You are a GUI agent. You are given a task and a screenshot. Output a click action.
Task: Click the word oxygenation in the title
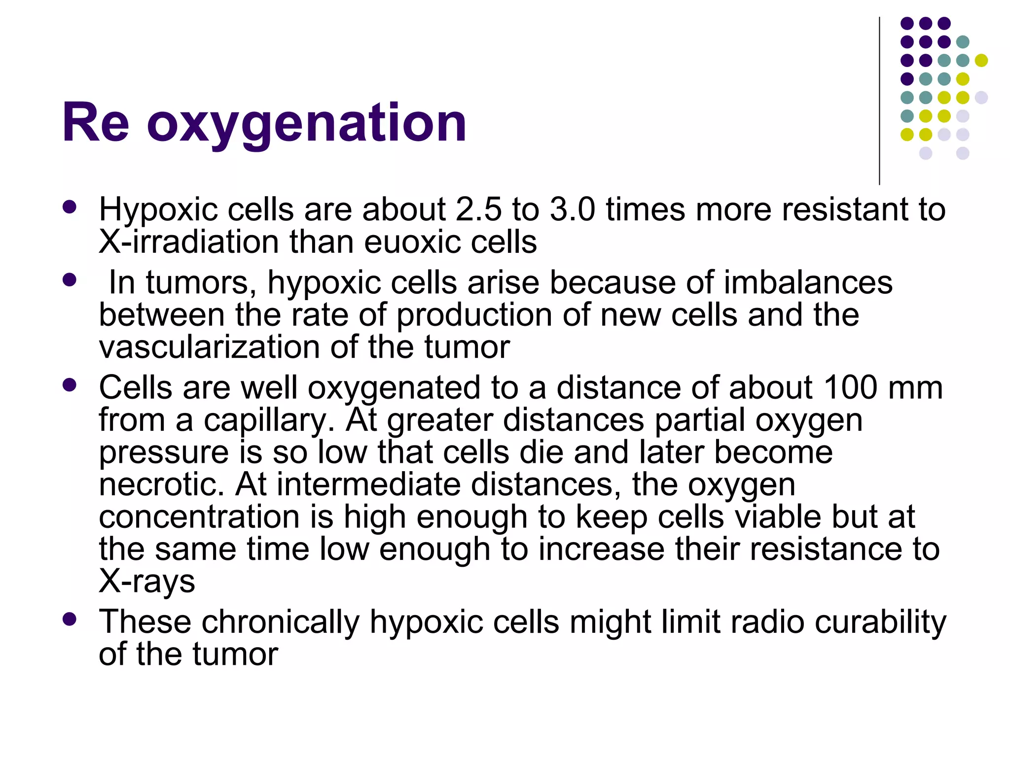click(306, 123)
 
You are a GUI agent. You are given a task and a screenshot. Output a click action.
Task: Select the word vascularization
click(210, 347)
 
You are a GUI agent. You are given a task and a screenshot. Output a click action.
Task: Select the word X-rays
click(147, 582)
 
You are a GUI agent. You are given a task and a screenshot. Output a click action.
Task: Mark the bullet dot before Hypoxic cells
click(70, 207)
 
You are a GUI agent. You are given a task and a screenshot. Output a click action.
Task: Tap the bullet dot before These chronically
click(70, 619)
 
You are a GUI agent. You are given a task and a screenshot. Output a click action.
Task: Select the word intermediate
click(369, 484)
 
